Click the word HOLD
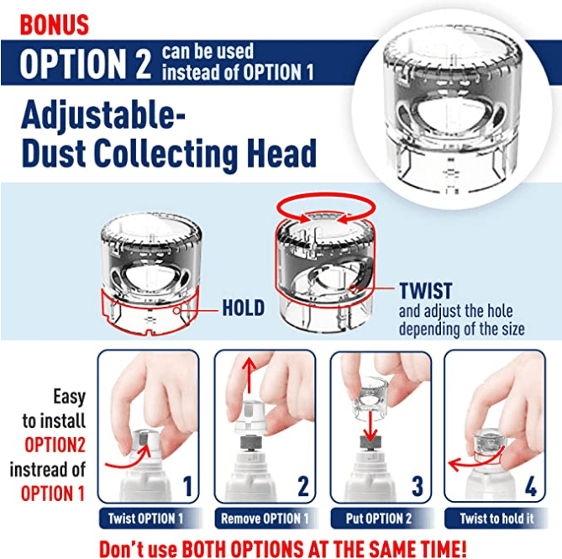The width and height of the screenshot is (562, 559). pos(243,309)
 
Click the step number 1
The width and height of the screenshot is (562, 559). pos(186,487)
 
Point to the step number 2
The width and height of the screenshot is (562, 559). pos(302,487)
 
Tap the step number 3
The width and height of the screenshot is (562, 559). pos(418,487)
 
